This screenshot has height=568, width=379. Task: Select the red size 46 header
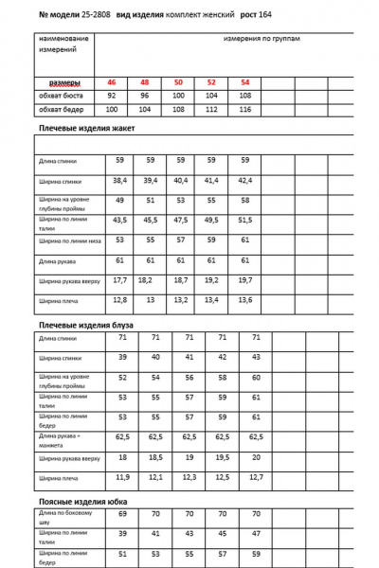pos(112,83)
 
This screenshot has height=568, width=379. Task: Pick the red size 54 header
pos(245,83)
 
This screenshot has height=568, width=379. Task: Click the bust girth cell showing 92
pos(112,96)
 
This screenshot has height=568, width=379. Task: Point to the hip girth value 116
pos(245,110)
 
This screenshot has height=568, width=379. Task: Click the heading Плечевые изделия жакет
pos(87,128)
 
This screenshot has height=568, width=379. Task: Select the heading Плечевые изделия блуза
pos(86,325)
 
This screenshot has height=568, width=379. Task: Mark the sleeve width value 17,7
pos(120,280)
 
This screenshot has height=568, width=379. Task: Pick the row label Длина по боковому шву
pos(63,516)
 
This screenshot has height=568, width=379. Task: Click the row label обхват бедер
pos(59,110)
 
